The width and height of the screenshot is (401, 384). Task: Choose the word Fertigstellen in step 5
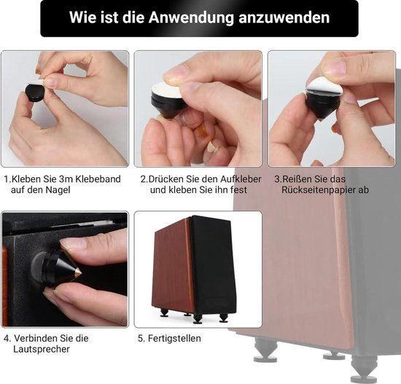tap(176, 338)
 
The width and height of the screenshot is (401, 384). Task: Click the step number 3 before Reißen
tap(277, 178)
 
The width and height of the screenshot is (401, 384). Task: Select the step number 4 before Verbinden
tap(6, 338)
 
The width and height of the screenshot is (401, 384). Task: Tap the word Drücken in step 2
tap(167, 178)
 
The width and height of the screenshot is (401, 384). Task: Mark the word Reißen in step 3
tap(300, 178)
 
